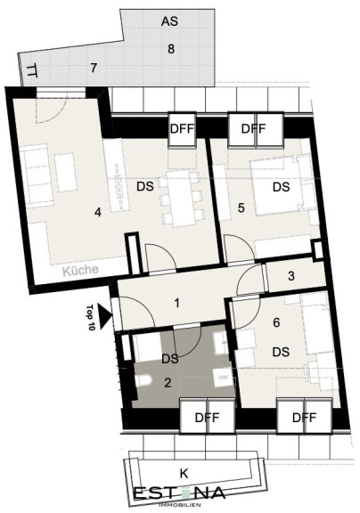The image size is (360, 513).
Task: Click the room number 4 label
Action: coord(97,212)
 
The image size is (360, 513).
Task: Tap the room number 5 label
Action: coord(241,208)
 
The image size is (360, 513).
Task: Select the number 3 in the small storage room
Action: coord(291,276)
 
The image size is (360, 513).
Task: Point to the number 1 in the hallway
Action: coord(177,304)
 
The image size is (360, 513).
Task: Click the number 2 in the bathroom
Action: coord(168,382)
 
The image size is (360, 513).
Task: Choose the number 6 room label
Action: coord(276,322)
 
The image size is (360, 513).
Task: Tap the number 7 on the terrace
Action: coord(94,68)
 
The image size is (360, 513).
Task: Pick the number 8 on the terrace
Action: coord(170,49)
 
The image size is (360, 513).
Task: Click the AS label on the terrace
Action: coord(169,21)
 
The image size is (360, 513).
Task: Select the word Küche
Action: coord(80,270)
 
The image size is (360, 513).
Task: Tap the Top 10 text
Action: coord(91,317)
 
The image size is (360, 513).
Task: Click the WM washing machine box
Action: coord(223,378)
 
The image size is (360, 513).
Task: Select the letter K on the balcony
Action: coord(184,474)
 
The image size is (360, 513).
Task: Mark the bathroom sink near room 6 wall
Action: coord(221,344)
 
